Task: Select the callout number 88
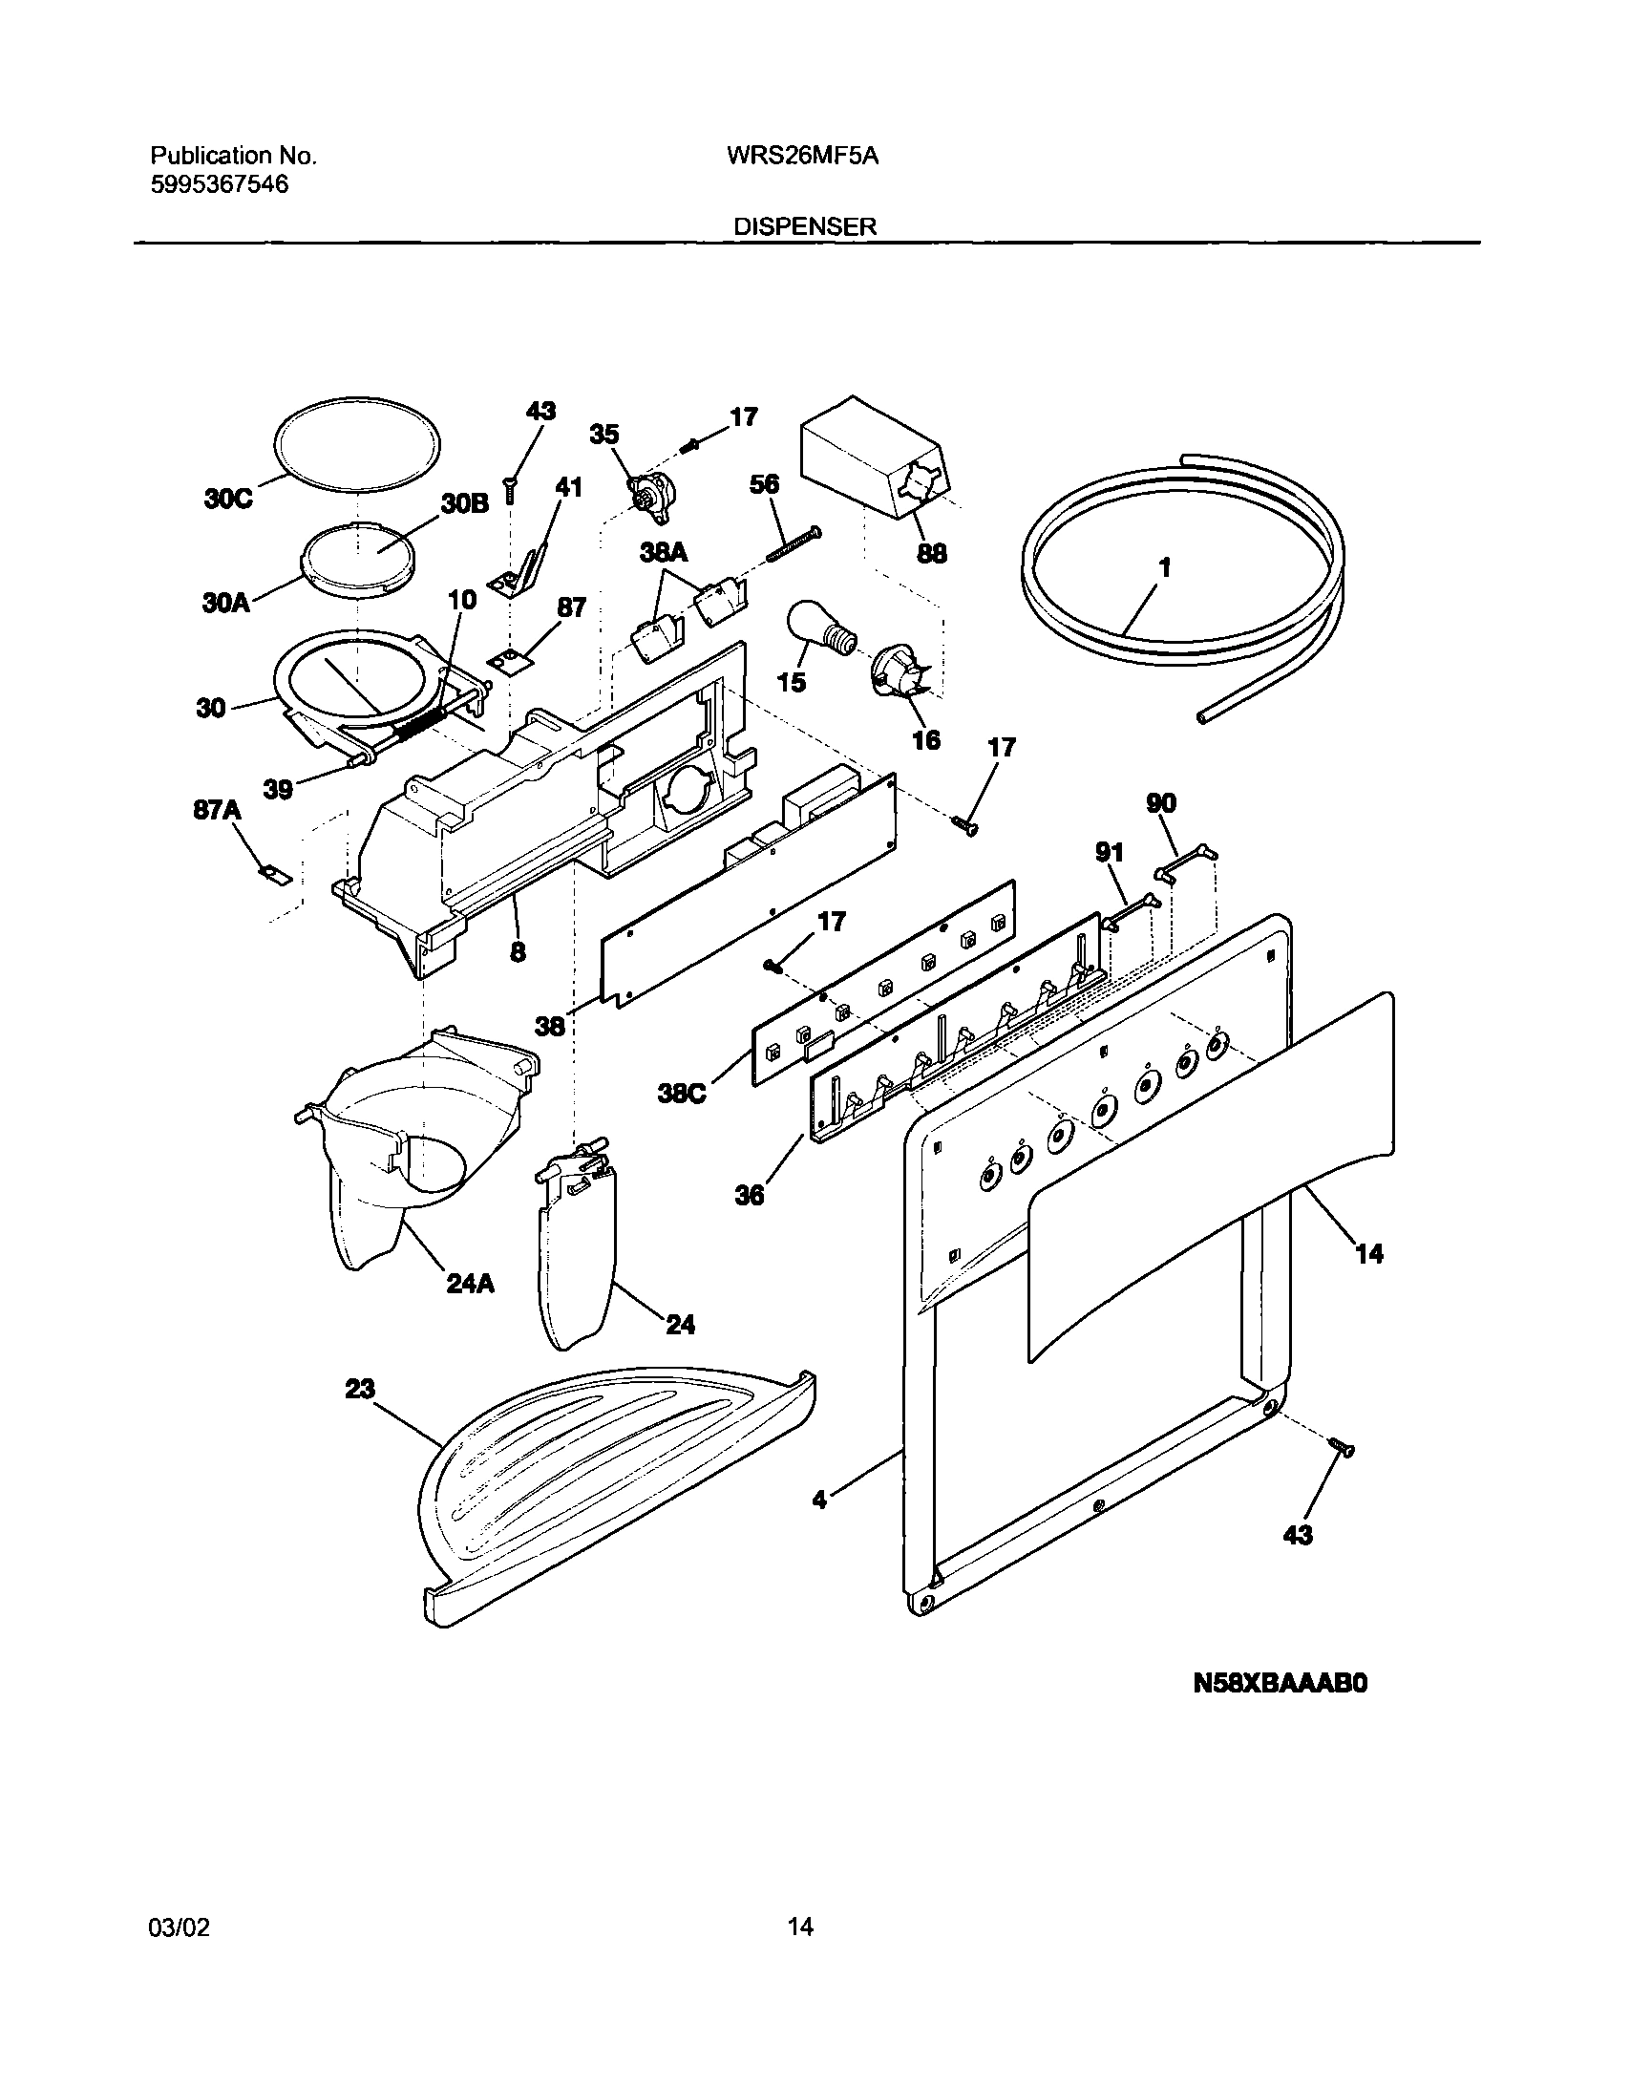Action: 931,553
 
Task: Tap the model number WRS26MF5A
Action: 795,156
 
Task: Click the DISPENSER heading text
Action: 805,226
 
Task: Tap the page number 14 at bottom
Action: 800,1953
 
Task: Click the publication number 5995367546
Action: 220,184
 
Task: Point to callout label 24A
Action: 470,1284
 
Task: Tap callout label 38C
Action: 682,1093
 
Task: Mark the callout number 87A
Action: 217,811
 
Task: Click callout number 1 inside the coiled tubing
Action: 1164,567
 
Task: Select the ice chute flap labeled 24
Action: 578,1251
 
